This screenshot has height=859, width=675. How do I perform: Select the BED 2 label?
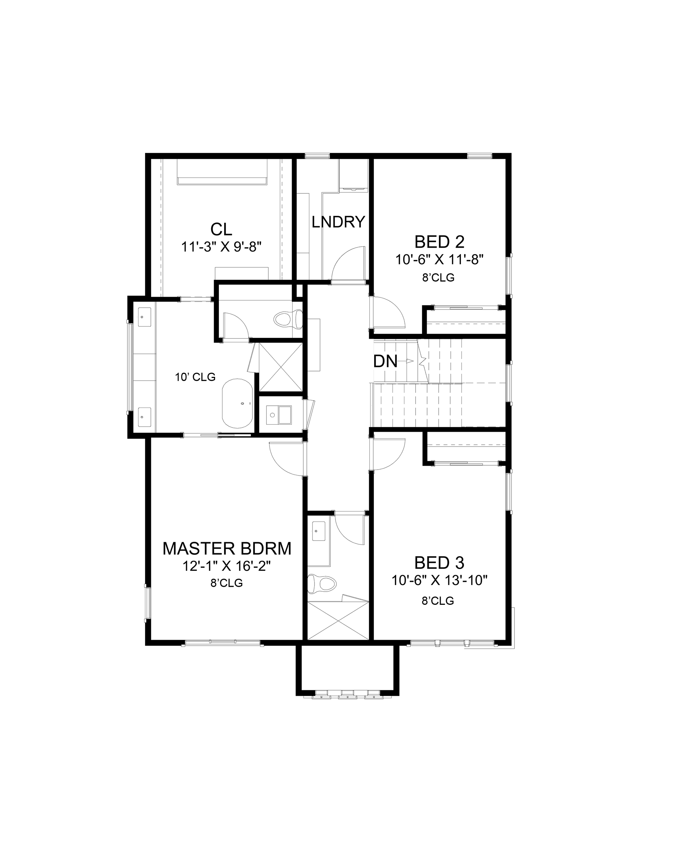(439, 242)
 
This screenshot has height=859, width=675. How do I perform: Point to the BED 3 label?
(439, 562)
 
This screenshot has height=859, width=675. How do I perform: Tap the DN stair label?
(385, 361)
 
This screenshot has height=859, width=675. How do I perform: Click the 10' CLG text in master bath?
(195, 377)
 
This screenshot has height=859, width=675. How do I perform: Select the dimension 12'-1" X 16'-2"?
(226, 566)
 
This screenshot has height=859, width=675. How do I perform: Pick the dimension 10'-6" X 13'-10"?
(439, 580)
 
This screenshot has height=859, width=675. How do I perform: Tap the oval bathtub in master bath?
(237, 403)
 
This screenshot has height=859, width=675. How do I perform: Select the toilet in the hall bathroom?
(321, 583)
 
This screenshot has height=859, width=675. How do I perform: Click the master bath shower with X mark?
(281, 367)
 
